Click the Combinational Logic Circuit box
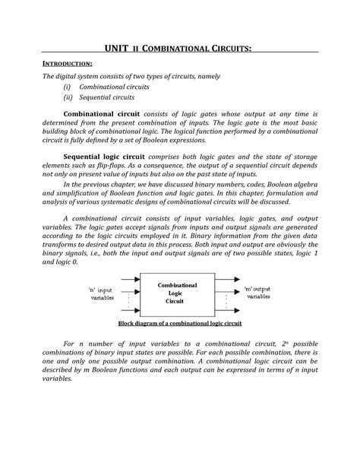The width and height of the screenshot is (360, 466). tap(177, 293)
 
